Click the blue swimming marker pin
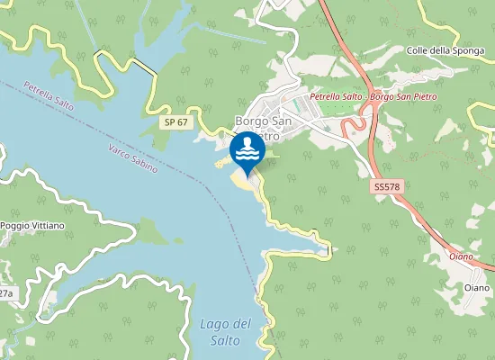(247, 152)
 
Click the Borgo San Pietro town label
(263, 127)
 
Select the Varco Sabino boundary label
(132, 158)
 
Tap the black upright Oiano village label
(477, 287)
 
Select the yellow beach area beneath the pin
(243, 181)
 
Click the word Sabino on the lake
(144, 165)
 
